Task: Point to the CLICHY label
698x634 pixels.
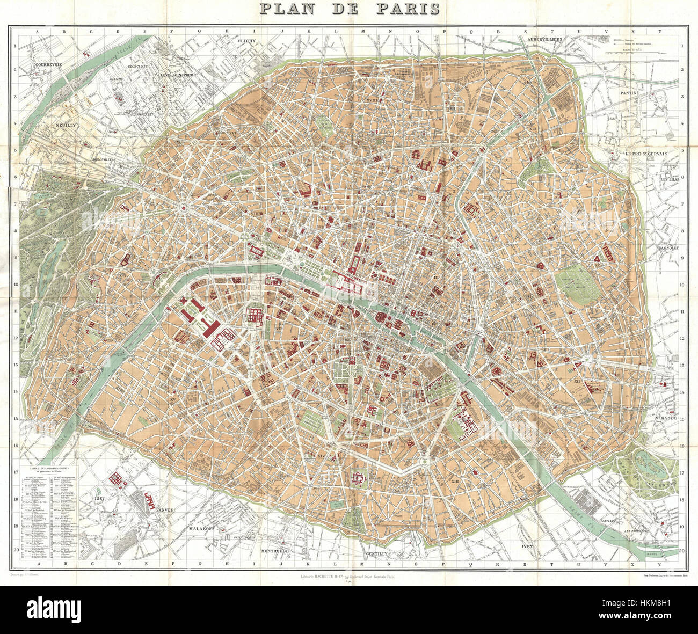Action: pyautogui.click(x=248, y=41)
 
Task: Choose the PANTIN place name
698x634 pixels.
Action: pyautogui.click(x=628, y=93)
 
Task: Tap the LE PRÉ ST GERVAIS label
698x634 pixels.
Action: pyautogui.click(x=645, y=154)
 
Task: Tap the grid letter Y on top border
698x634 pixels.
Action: pyautogui.click(x=661, y=32)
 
